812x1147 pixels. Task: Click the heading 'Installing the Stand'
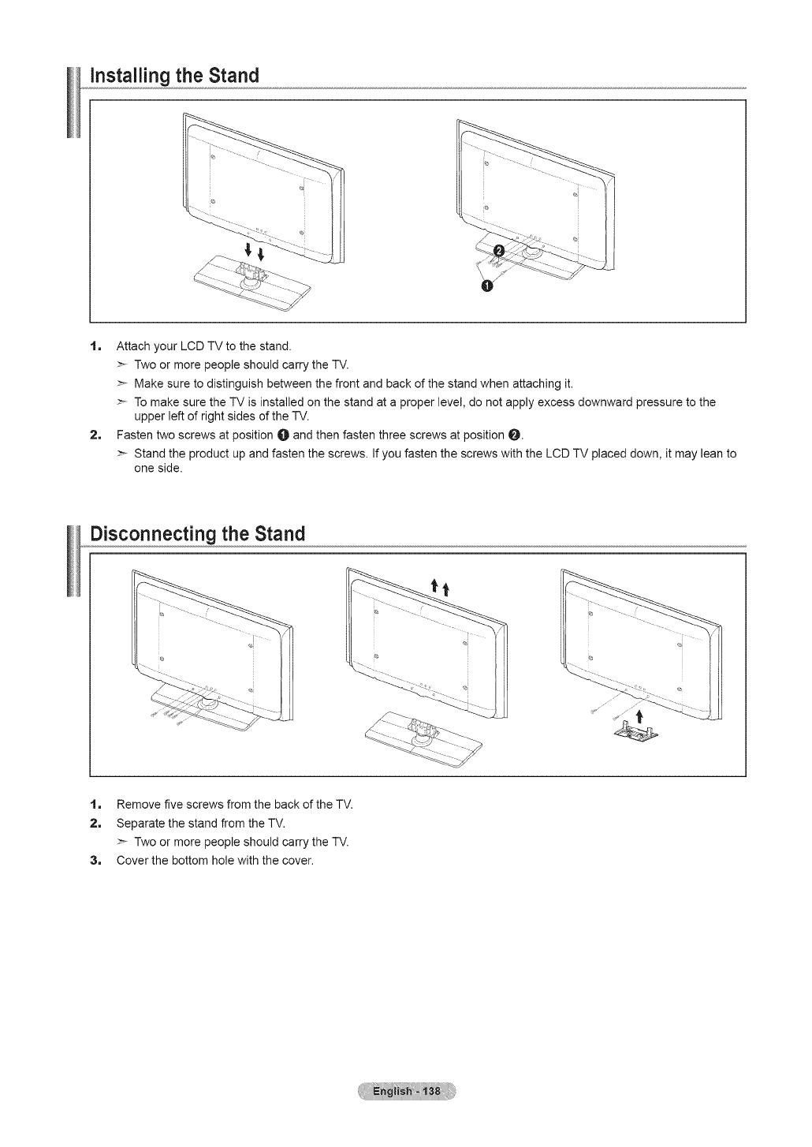click(x=175, y=76)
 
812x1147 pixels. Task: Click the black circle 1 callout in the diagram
click(x=486, y=285)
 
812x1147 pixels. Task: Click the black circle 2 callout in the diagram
click(x=497, y=252)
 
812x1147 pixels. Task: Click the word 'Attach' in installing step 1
click(x=131, y=346)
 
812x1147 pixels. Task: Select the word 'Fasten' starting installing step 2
click(x=133, y=435)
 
